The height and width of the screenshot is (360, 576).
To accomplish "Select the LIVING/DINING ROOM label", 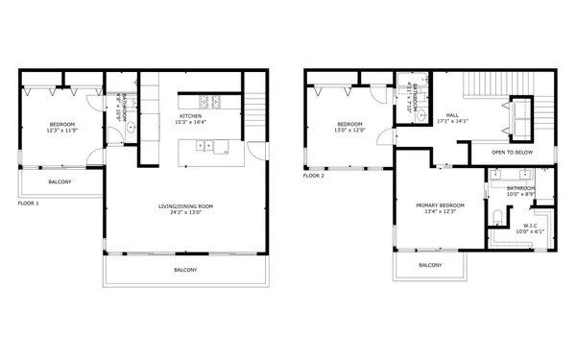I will [185, 205].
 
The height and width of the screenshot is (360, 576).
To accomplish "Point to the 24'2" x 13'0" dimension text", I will [185, 213].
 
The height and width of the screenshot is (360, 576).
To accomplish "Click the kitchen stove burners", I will [210, 102].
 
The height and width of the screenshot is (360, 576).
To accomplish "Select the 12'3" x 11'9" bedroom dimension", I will [61, 131].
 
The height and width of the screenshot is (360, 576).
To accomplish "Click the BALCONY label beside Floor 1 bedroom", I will [60, 181].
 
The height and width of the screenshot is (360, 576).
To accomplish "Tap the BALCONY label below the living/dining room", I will [185, 270].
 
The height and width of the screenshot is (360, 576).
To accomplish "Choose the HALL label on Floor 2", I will [450, 115].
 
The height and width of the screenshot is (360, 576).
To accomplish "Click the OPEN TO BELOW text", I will [511, 153].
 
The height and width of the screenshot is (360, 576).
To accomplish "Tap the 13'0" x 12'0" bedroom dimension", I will [349, 131].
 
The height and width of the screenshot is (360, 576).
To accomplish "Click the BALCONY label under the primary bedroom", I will [430, 265].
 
